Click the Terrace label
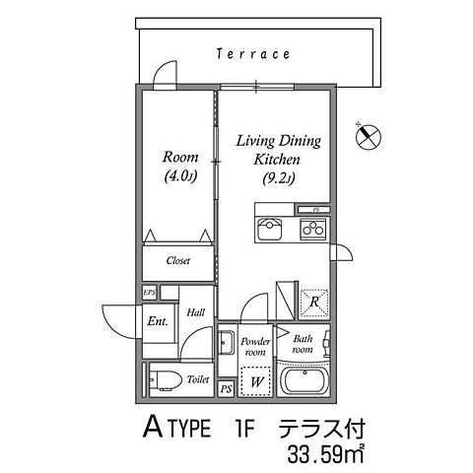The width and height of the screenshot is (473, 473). [x=253, y=55]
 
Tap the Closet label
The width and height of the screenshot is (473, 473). [x=177, y=261]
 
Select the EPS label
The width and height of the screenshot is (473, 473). [x=149, y=293]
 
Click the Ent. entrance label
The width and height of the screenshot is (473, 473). [x=158, y=320]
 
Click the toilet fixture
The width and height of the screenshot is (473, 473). [x=164, y=377]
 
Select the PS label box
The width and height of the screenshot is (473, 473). [x=226, y=388]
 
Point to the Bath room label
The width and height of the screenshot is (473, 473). [x=303, y=345]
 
